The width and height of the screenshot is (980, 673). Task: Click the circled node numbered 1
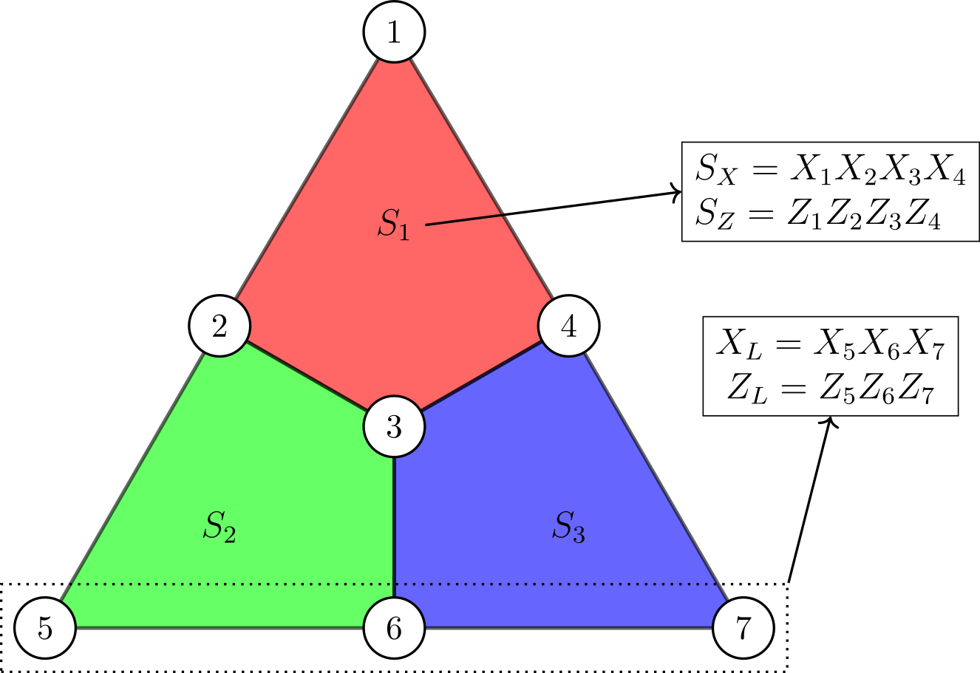[x=394, y=32]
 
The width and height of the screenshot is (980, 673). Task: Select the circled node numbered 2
[x=220, y=327]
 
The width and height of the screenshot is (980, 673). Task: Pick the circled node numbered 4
[x=568, y=326]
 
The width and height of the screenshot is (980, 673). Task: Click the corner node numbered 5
[x=45, y=629]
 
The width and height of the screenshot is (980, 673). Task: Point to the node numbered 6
[x=394, y=629]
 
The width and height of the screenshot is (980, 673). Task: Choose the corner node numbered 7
[x=743, y=629]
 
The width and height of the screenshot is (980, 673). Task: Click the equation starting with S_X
[x=830, y=171]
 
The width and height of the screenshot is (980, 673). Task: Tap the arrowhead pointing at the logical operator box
[x=831, y=422]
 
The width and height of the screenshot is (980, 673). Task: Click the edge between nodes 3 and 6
[x=394, y=528]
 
